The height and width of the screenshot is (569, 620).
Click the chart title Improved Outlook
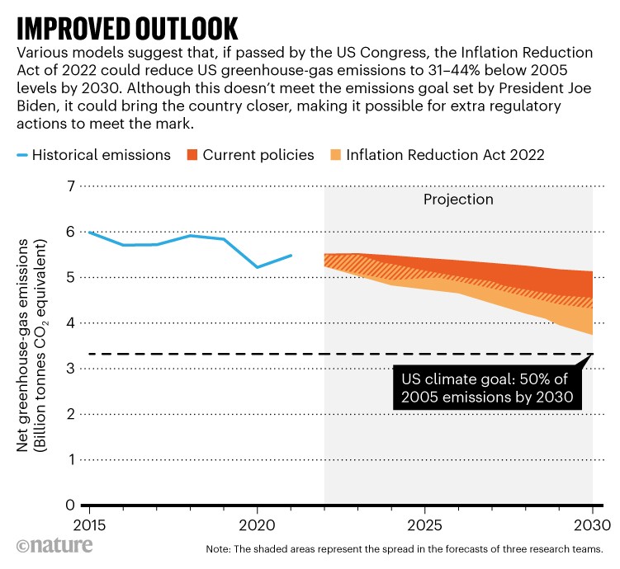point(128,26)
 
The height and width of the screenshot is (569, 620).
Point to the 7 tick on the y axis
point(69,186)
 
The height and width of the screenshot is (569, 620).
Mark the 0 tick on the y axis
point(69,505)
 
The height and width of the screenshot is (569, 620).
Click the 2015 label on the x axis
point(88,525)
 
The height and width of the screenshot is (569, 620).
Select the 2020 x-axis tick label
point(256,525)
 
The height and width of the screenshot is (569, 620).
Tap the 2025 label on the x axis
point(424,525)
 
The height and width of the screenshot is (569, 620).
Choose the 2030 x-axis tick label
point(591,525)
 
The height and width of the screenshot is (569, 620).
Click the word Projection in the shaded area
point(458,200)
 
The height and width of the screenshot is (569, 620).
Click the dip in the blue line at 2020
point(257,267)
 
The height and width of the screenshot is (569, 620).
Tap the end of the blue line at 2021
point(291,256)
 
